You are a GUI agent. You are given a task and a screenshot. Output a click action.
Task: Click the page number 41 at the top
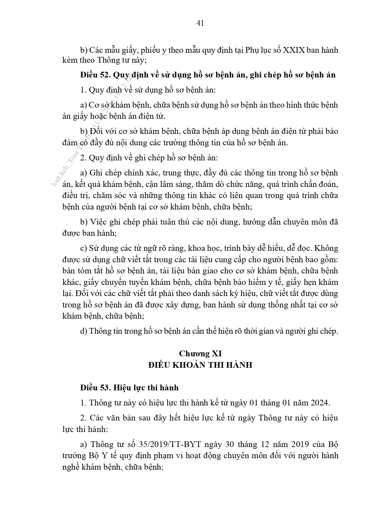200,23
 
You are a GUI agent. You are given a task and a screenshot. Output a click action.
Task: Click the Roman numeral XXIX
294,50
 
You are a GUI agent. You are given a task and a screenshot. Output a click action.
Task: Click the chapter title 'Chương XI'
200,353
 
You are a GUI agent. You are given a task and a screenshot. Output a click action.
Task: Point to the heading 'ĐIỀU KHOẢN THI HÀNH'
200,365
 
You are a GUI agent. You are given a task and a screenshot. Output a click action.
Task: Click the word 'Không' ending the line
327,248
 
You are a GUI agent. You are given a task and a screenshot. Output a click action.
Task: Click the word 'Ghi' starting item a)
95,173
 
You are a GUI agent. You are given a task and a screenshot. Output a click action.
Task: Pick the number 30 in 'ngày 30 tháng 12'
228,444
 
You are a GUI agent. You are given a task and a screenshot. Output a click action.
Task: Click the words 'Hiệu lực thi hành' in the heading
146,388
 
